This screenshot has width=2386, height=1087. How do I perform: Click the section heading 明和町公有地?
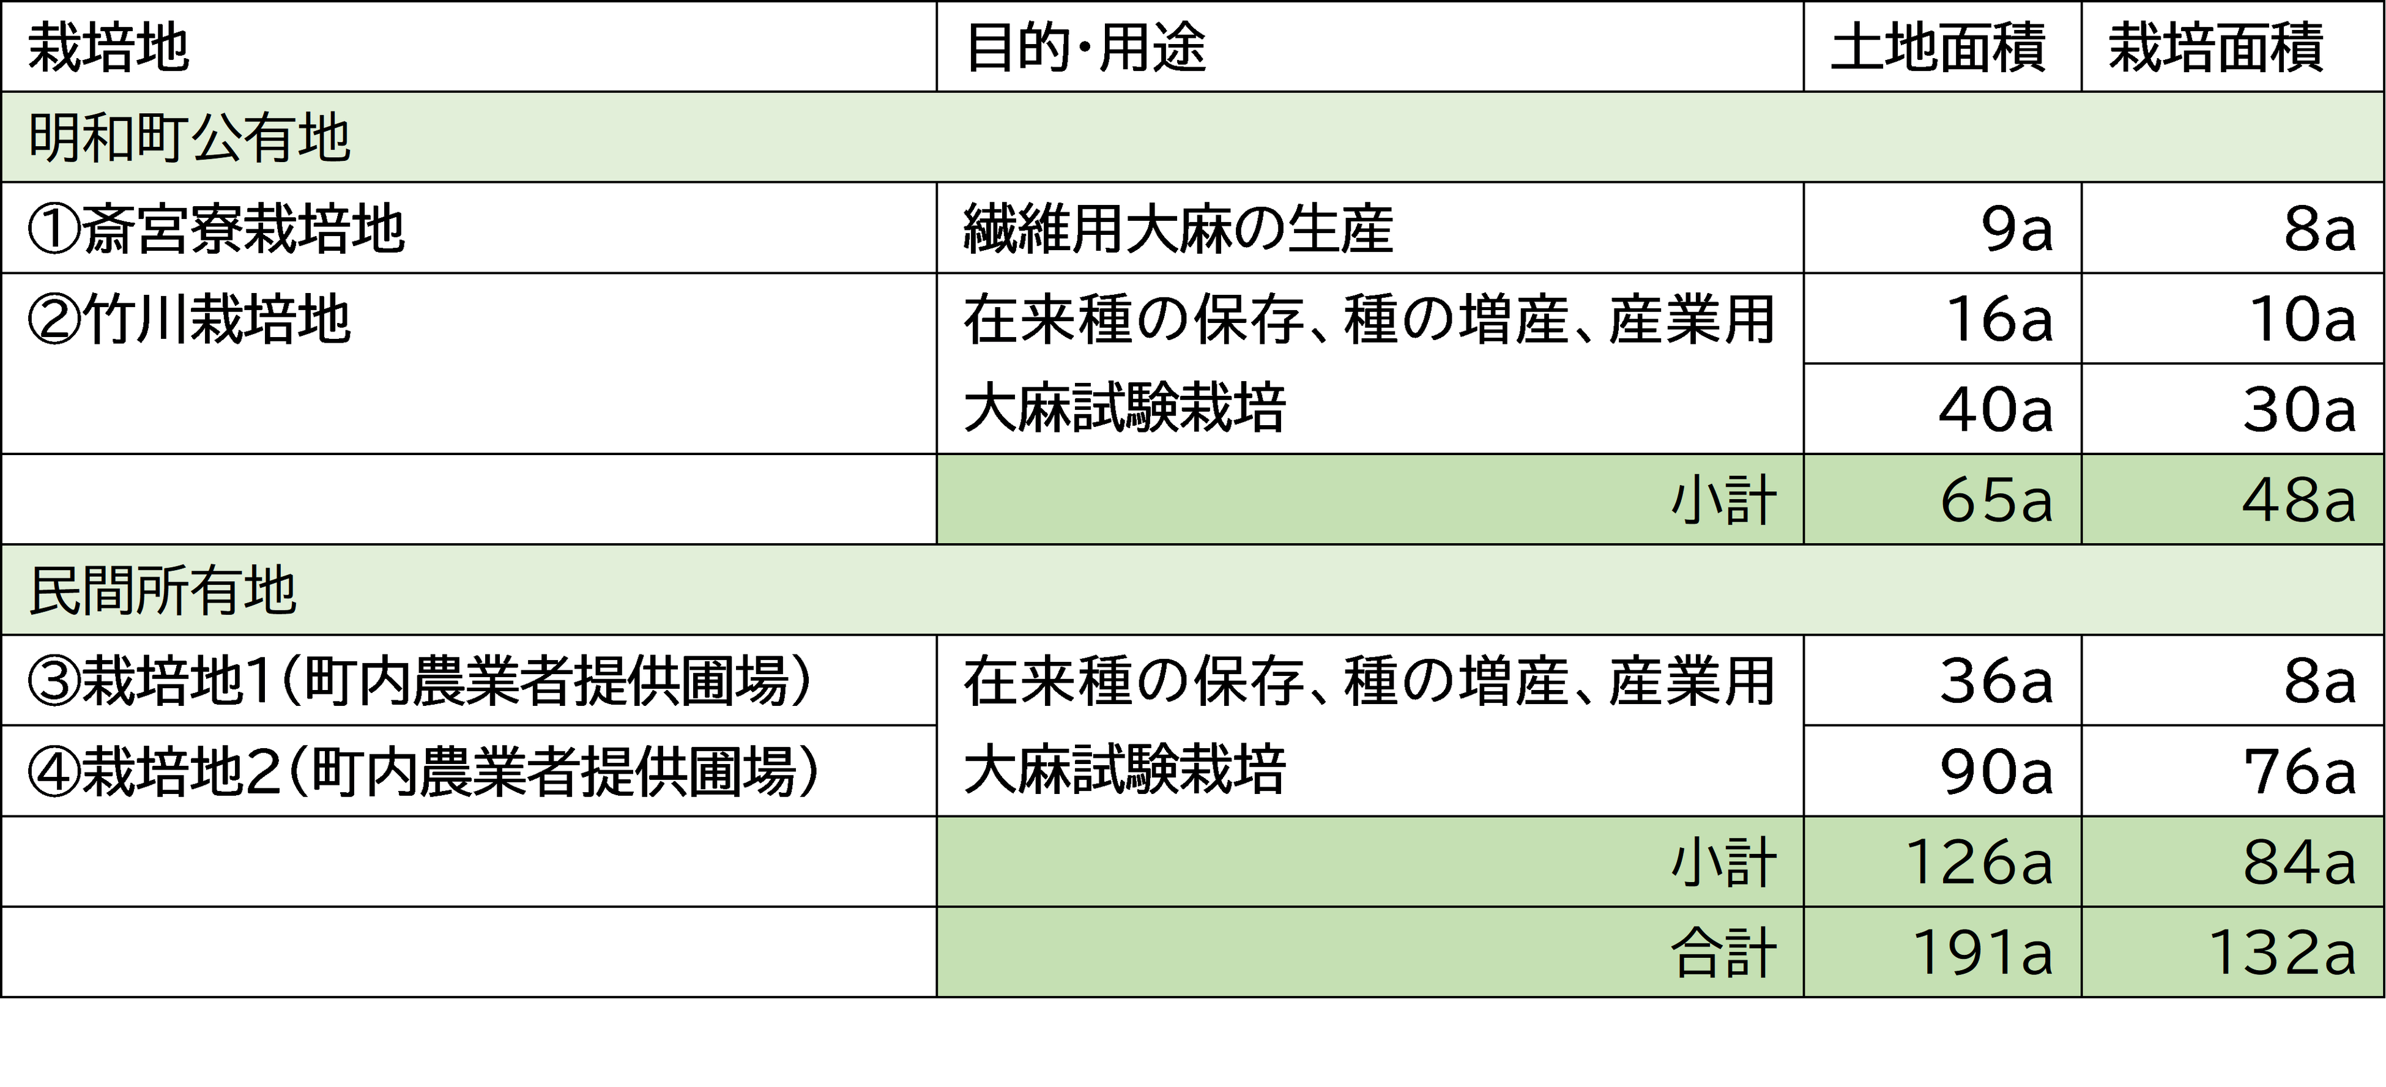[x=190, y=139]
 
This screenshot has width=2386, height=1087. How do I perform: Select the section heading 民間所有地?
[x=163, y=591]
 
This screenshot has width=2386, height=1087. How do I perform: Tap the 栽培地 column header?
[x=110, y=47]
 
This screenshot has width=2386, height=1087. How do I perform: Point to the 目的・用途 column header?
[x=1085, y=47]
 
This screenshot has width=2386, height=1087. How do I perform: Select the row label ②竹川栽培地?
[x=190, y=319]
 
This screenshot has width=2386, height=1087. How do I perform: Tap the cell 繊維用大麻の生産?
[x=1178, y=229]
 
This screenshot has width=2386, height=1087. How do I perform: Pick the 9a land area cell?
[x=2015, y=229]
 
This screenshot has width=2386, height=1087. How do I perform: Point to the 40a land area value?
[x=1996, y=409]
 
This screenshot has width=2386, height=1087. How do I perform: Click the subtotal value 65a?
[x=1996, y=501]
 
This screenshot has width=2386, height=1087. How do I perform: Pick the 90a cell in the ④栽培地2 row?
[x=1996, y=771]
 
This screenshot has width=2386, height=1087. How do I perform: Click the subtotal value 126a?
[x=1979, y=863]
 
